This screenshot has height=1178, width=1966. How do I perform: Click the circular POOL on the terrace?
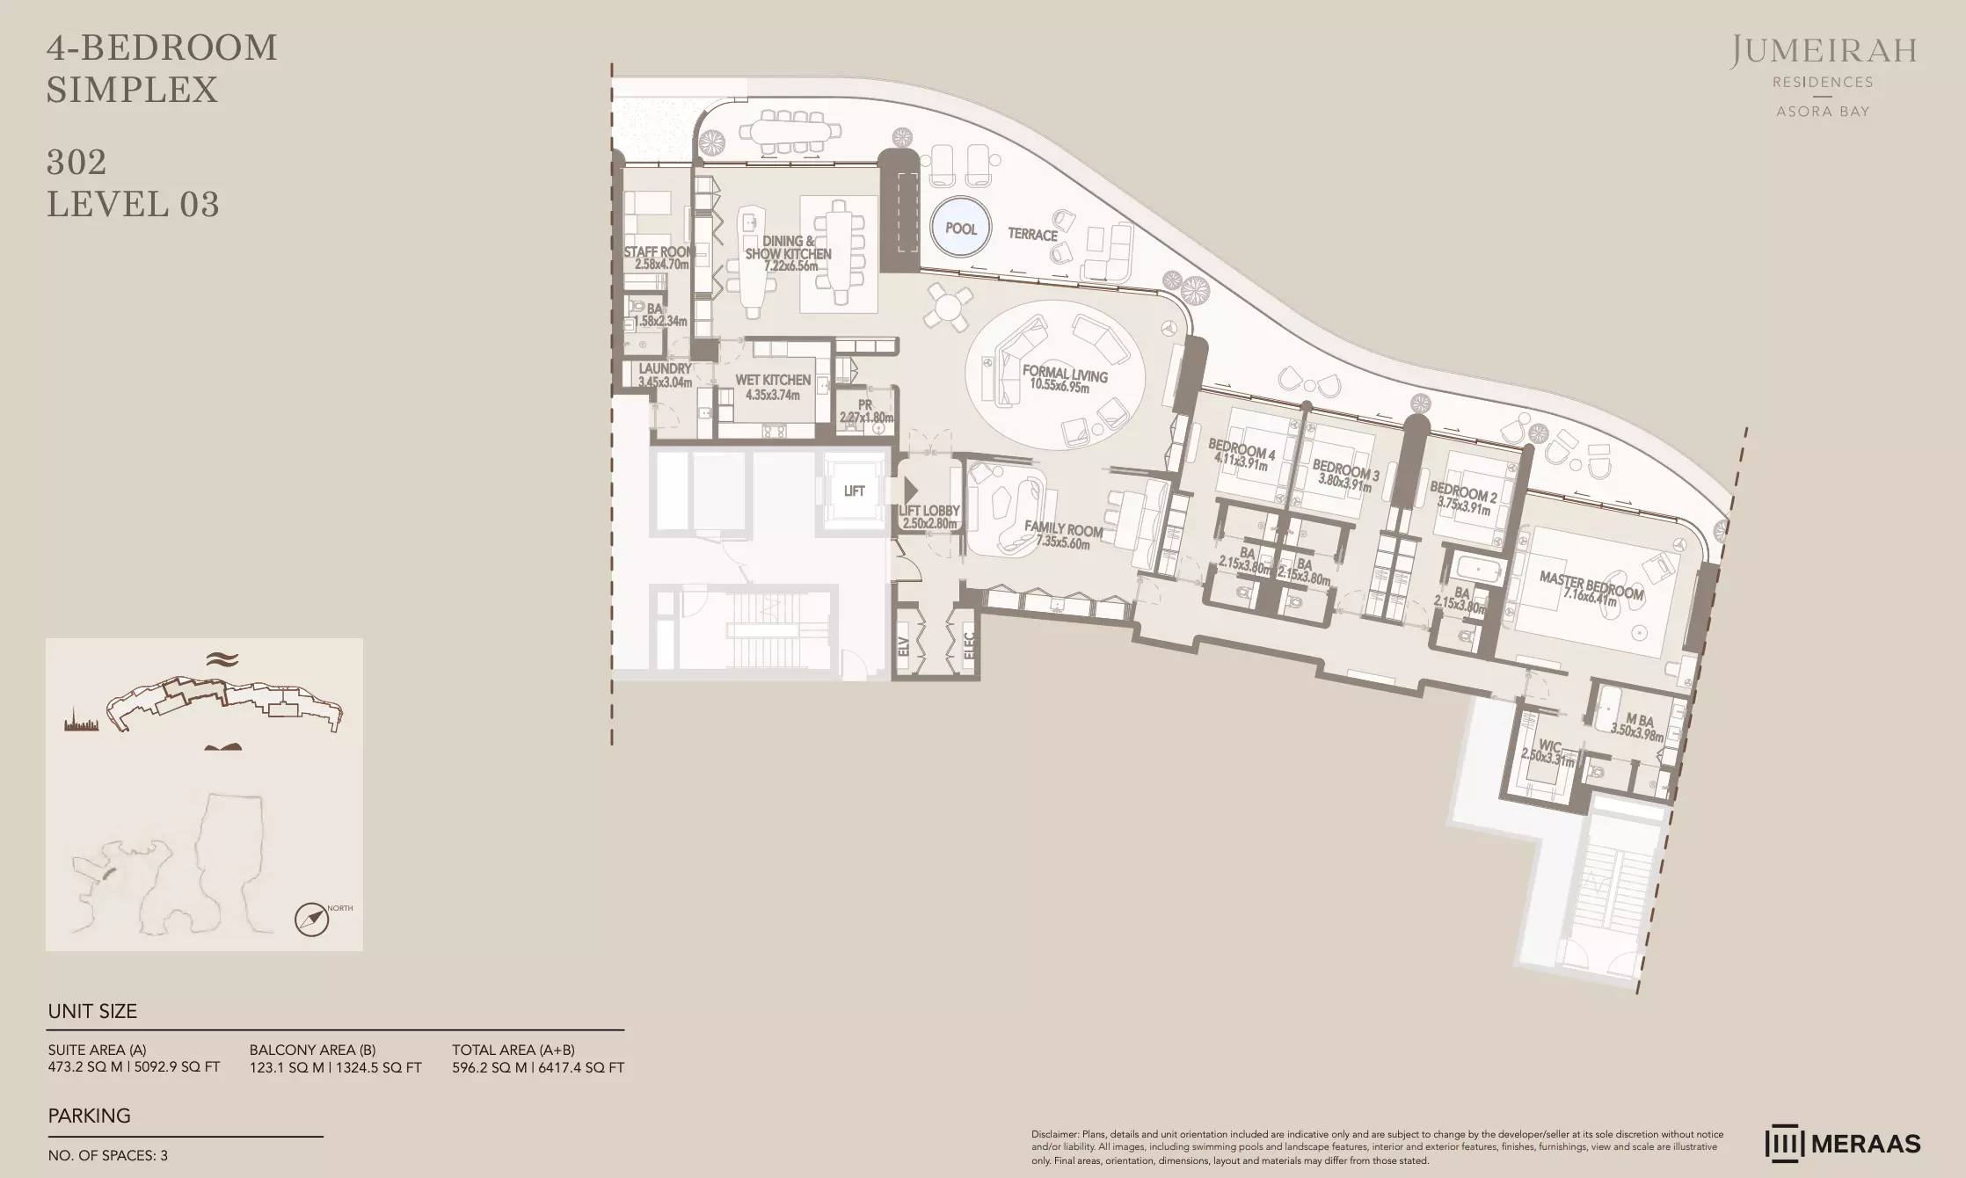pyautogui.click(x=960, y=229)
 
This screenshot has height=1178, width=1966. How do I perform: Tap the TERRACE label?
pyautogui.click(x=1032, y=235)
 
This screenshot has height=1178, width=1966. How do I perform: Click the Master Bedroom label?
pyautogui.click(x=1591, y=585)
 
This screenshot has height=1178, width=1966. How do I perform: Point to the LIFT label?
pyautogui.click(x=854, y=491)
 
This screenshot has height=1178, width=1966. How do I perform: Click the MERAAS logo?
pyautogui.click(x=1843, y=1144)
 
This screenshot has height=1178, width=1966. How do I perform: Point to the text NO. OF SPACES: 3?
pyautogui.click(x=107, y=1155)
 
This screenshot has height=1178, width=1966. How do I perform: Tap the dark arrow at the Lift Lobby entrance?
pyautogui.click(x=911, y=491)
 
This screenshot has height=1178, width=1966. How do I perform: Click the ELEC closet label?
pyautogui.click(x=969, y=646)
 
